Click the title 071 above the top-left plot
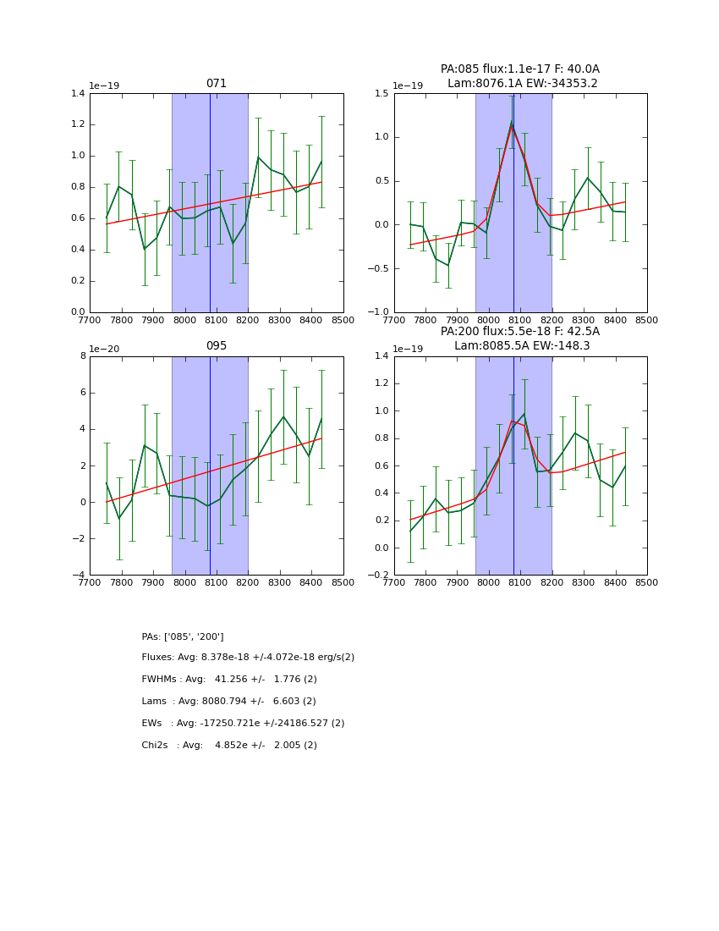(x=217, y=84)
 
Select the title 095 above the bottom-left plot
(x=217, y=346)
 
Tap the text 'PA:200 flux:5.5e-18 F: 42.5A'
(x=520, y=332)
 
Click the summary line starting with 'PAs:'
(x=183, y=636)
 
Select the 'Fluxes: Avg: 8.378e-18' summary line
(x=248, y=658)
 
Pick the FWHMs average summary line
(x=229, y=680)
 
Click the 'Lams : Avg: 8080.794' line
(x=228, y=702)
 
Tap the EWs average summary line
(x=243, y=724)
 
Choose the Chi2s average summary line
(x=229, y=746)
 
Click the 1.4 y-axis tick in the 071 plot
(x=76, y=94)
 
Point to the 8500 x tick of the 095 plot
(x=343, y=582)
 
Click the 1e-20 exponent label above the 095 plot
(x=105, y=349)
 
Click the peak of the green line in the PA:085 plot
(x=512, y=123)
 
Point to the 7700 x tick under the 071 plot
(x=90, y=320)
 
